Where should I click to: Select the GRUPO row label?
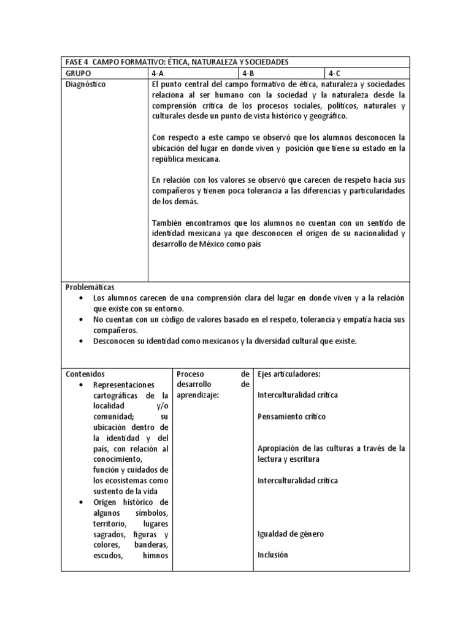pyautogui.click(x=78, y=74)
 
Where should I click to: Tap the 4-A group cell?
pyautogui.click(x=158, y=74)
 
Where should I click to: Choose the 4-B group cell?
pyautogui.click(x=248, y=74)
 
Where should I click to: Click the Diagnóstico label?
pyautogui.click(x=85, y=85)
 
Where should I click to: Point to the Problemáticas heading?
pyautogui.click(x=90, y=287)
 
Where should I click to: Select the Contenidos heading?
pyautogui.click(x=85, y=373)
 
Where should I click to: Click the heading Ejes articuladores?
pyautogui.click(x=289, y=373)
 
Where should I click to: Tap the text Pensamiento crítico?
pyautogui.click(x=292, y=416)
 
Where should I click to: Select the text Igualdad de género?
pyautogui.click(x=291, y=534)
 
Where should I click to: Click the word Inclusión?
pyautogui.click(x=273, y=555)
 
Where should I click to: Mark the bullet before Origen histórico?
pyautogui.click(x=81, y=502)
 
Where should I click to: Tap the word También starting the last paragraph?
pyautogui.click(x=167, y=222)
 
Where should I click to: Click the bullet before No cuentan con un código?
pyautogui.click(x=81, y=320)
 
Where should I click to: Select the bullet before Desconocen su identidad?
pyautogui.click(x=81, y=341)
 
